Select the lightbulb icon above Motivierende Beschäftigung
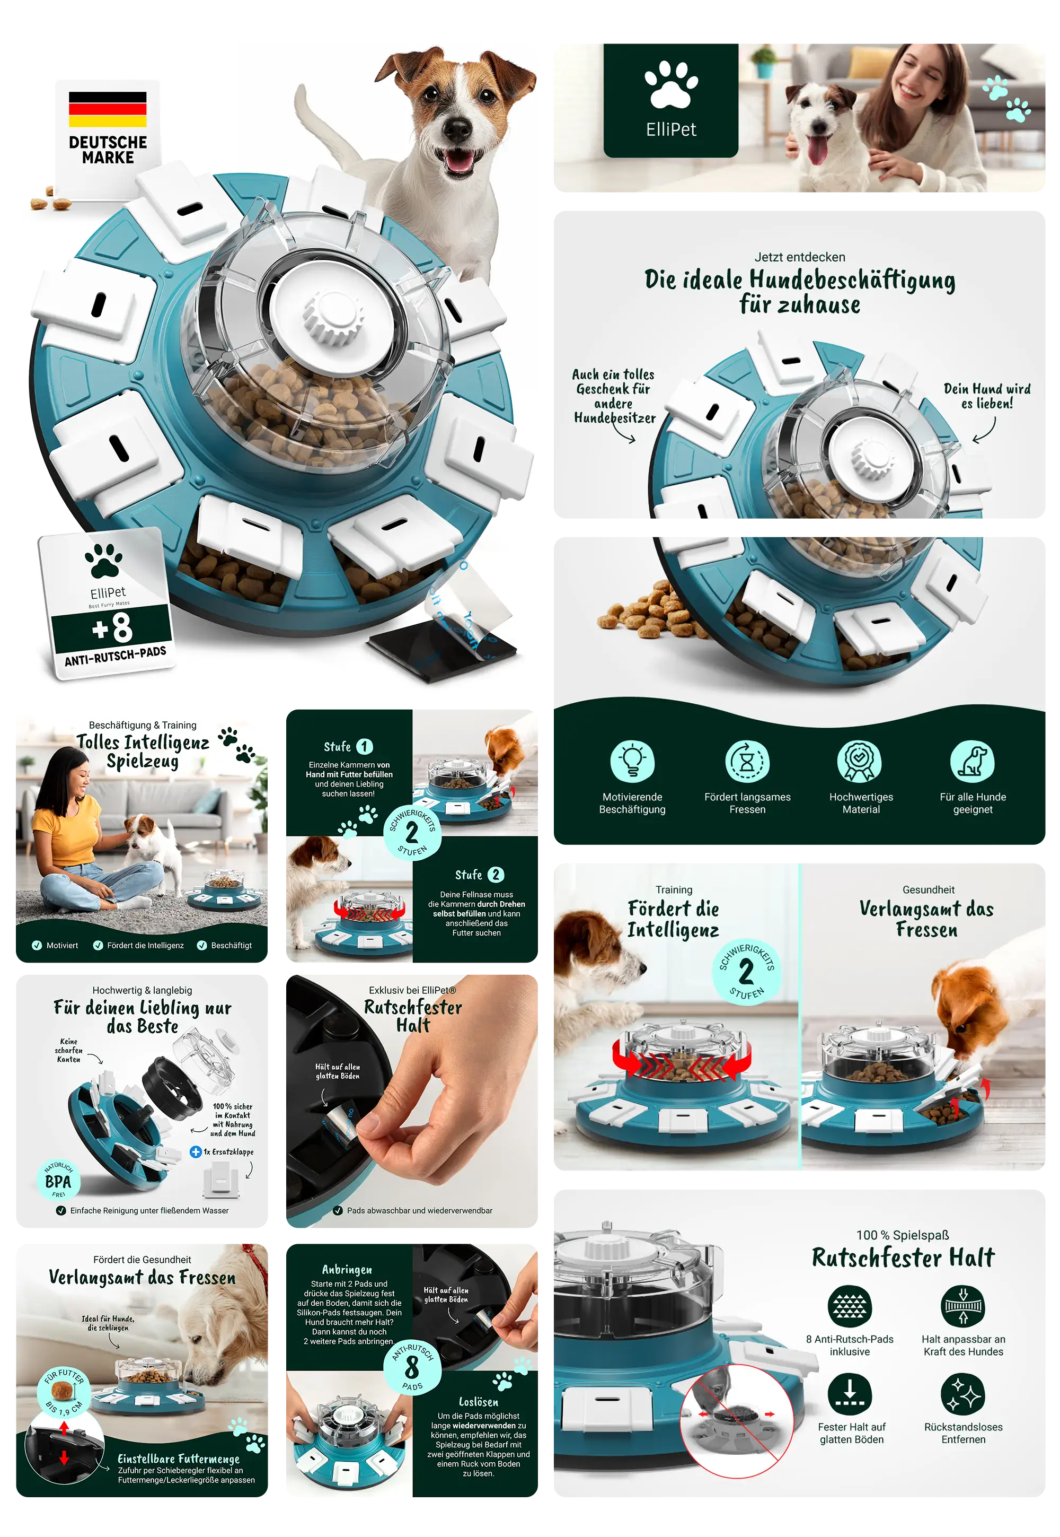click(x=632, y=761)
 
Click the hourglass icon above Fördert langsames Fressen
click(x=747, y=761)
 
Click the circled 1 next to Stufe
click(x=365, y=746)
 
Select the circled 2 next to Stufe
click(x=496, y=875)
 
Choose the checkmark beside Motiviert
click(x=37, y=945)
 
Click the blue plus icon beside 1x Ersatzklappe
click(x=195, y=1151)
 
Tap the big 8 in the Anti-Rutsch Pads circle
click(x=412, y=1367)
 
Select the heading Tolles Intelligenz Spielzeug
click(x=142, y=751)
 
